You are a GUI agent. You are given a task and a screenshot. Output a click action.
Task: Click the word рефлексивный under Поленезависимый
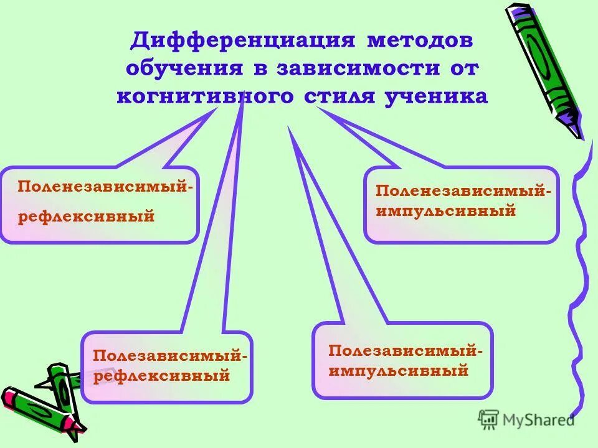click(x=85, y=217)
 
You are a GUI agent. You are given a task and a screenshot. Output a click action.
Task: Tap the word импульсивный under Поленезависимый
click(x=445, y=211)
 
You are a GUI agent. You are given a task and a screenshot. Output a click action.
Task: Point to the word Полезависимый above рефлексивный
click(x=167, y=356)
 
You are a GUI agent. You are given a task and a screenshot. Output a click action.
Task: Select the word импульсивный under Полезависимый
click(x=399, y=371)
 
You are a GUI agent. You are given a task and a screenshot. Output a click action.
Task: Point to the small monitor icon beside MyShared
click(x=489, y=419)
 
